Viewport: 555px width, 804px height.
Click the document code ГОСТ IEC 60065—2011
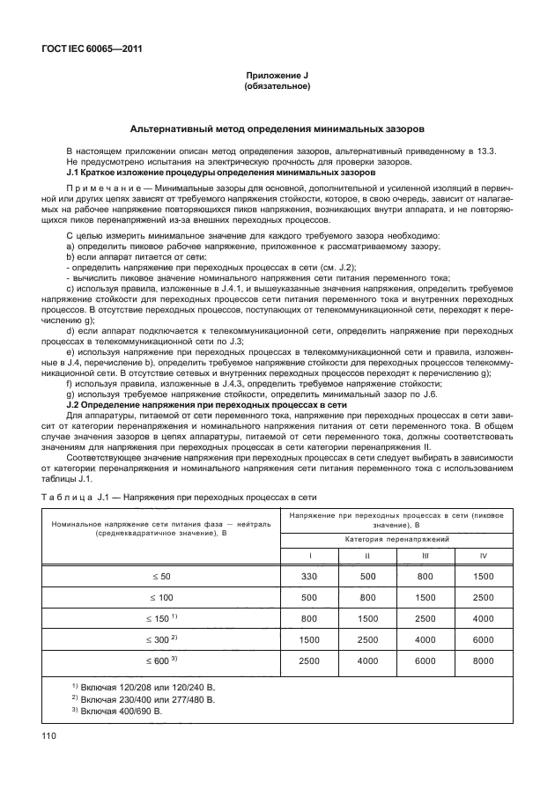(x=92, y=49)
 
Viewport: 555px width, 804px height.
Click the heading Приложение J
(x=277, y=77)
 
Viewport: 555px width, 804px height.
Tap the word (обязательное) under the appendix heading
(x=277, y=87)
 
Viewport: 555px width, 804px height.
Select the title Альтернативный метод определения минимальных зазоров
(x=277, y=128)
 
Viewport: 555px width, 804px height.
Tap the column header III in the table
(x=425, y=555)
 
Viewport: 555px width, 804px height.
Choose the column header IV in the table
(x=482, y=555)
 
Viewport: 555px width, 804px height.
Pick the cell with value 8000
(x=482, y=660)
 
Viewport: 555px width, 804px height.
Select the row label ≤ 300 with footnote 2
(x=162, y=638)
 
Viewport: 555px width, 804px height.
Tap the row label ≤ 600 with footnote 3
(x=162, y=660)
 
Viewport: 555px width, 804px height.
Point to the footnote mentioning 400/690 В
(x=117, y=709)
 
